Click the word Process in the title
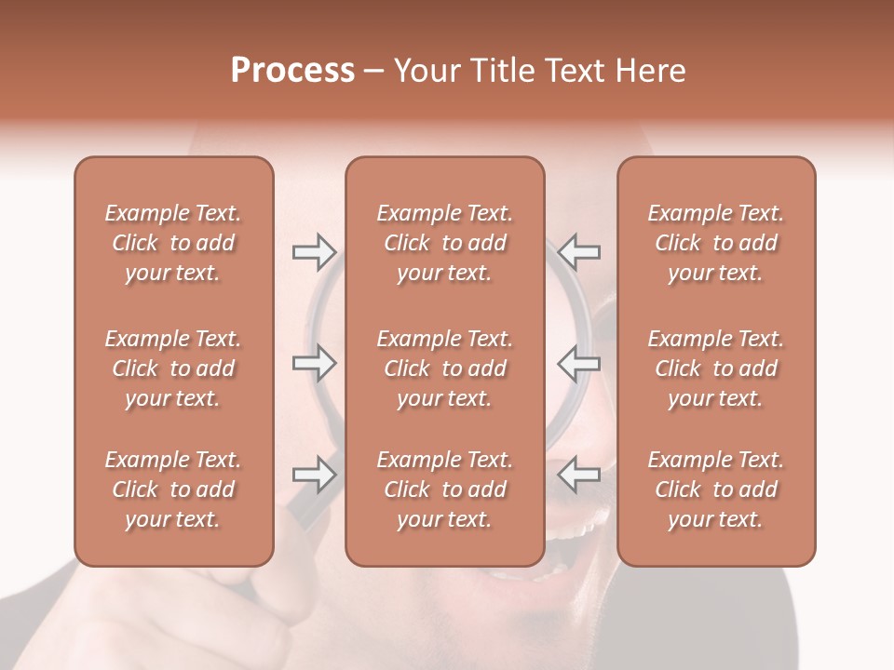292,71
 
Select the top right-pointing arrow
314,251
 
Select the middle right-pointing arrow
314,363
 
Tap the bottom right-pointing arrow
314,475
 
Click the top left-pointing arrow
579,251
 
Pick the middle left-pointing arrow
579,363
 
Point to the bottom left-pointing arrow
579,475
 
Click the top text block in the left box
173,243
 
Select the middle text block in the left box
173,368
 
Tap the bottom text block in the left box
173,489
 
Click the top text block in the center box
444,243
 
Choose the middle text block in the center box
444,368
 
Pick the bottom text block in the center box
444,489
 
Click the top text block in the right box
715,243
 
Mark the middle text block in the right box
715,368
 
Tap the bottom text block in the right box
715,489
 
